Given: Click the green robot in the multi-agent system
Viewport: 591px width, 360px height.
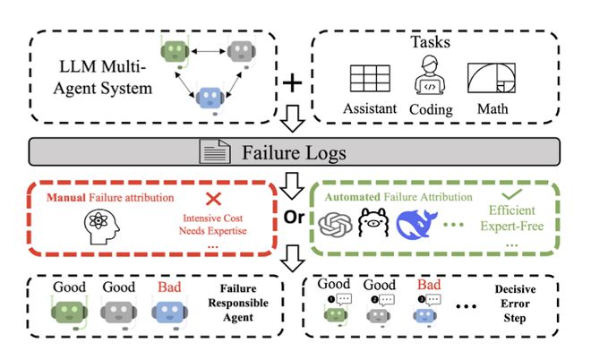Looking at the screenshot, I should pos(171,50).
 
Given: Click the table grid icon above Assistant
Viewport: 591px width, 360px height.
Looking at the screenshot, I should pos(370,79).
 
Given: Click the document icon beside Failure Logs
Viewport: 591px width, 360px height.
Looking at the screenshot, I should pos(210,151).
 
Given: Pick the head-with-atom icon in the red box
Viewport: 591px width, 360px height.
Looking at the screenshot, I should pos(98,225).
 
